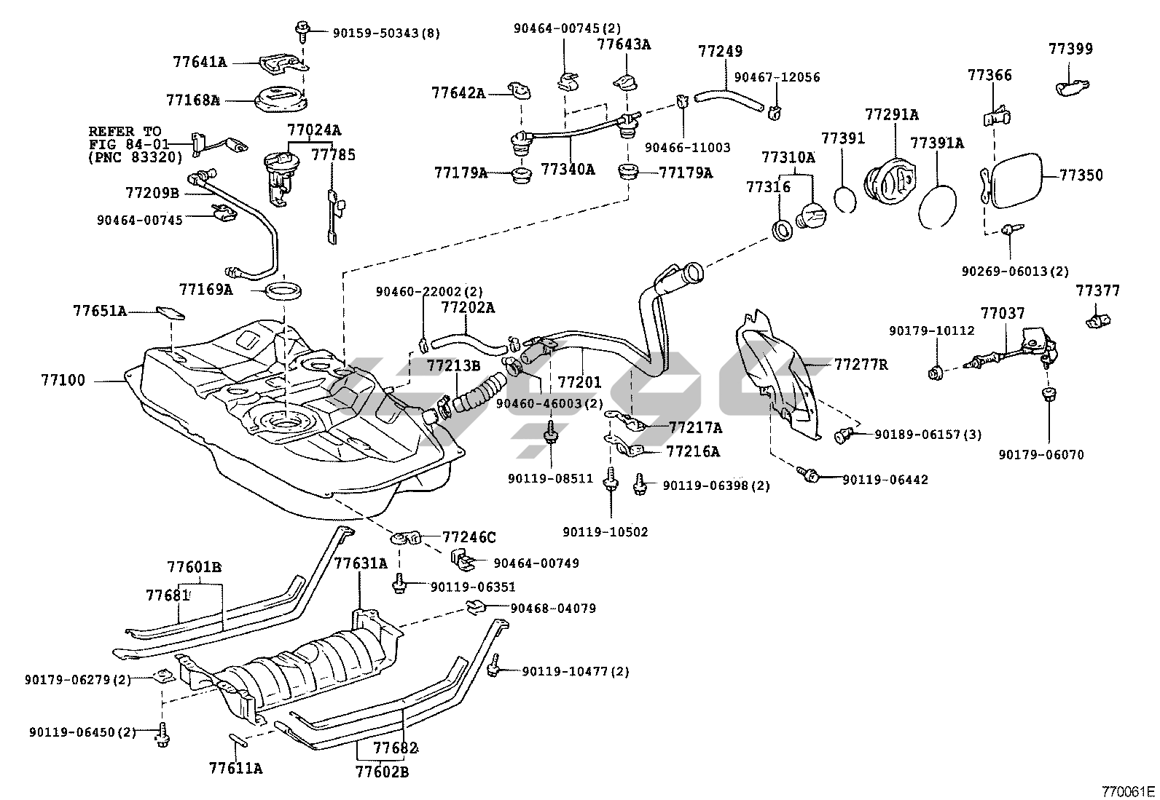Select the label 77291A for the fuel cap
tap(891, 115)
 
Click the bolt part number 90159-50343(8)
tap(386, 33)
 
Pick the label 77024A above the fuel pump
tap(314, 131)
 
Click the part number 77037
tap(1002, 314)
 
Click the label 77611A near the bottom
tap(235, 768)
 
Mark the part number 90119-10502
tap(605, 532)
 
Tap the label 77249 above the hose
tap(720, 52)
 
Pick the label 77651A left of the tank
tap(100, 311)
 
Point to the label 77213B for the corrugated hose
tap(453, 365)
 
